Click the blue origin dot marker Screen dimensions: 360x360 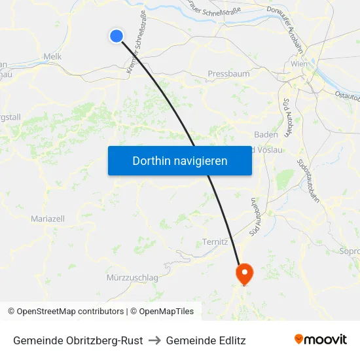click(x=117, y=36)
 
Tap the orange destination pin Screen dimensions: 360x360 click(x=244, y=272)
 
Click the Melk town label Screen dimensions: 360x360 click(x=52, y=57)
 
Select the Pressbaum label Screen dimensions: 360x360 click(x=228, y=74)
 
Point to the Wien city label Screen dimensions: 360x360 click(x=298, y=65)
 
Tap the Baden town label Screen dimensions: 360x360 click(x=266, y=134)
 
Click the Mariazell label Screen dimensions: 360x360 click(x=47, y=218)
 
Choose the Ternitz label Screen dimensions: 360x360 click(x=215, y=242)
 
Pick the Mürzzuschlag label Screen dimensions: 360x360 click(x=132, y=278)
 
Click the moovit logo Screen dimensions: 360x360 click(x=320, y=340)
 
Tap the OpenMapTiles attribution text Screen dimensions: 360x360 click(x=164, y=312)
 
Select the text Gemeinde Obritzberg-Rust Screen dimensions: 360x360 click(x=78, y=340)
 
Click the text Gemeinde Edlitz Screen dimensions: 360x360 click(x=206, y=340)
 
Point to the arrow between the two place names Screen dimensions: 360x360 click(x=154, y=340)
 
